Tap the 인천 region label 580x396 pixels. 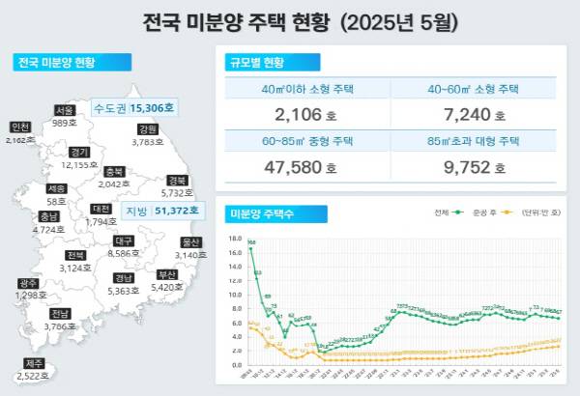point(19,127)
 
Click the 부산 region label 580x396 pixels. point(166,274)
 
